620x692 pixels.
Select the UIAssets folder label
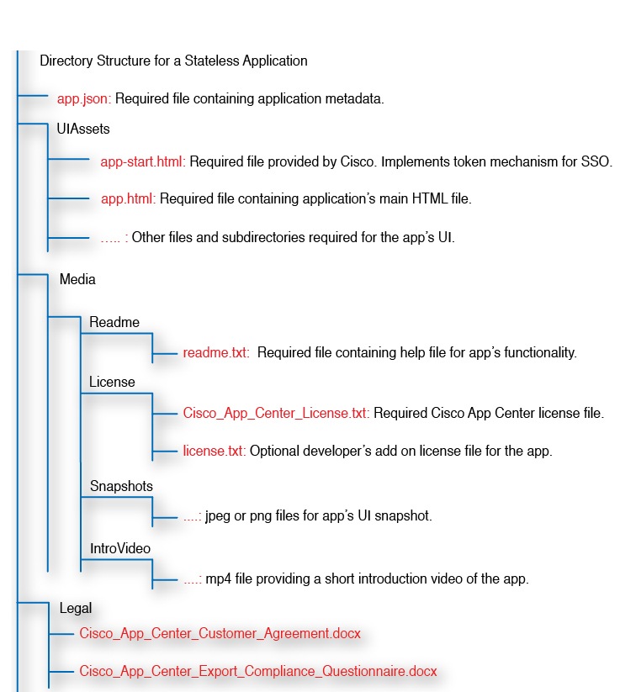(x=83, y=129)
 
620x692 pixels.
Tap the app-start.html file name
(x=142, y=161)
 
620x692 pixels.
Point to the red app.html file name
(x=127, y=199)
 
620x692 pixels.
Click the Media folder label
(x=77, y=278)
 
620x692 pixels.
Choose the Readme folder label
(x=114, y=322)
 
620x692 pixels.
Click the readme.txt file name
(x=215, y=352)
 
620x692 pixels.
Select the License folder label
(x=112, y=382)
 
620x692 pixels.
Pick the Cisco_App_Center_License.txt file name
(x=275, y=413)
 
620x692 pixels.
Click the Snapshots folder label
(x=121, y=486)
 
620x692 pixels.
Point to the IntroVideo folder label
(x=120, y=548)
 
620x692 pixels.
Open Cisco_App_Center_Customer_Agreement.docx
(x=220, y=632)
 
